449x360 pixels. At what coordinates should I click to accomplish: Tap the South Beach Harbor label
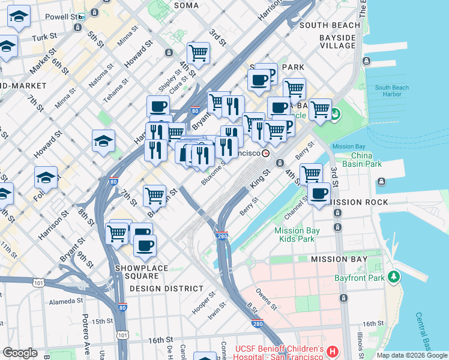click(x=391, y=91)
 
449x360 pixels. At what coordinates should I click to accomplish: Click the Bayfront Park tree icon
click(x=394, y=277)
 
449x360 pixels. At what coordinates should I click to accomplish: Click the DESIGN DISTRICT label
click(x=166, y=289)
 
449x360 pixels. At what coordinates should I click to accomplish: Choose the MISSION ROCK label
click(x=359, y=202)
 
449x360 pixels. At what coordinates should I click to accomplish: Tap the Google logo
click(x=20, y=353)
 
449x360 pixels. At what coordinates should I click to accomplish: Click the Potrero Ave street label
click(x=85, y=340)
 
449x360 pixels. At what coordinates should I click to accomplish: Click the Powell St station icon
click(x=80, y=17)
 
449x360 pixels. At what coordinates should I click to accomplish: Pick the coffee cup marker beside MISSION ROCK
click(x=319, y=194)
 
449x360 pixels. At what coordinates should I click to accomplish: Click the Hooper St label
click(x=203, y=303)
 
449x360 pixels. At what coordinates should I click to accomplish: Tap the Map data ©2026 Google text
click(x=412, y=355)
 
